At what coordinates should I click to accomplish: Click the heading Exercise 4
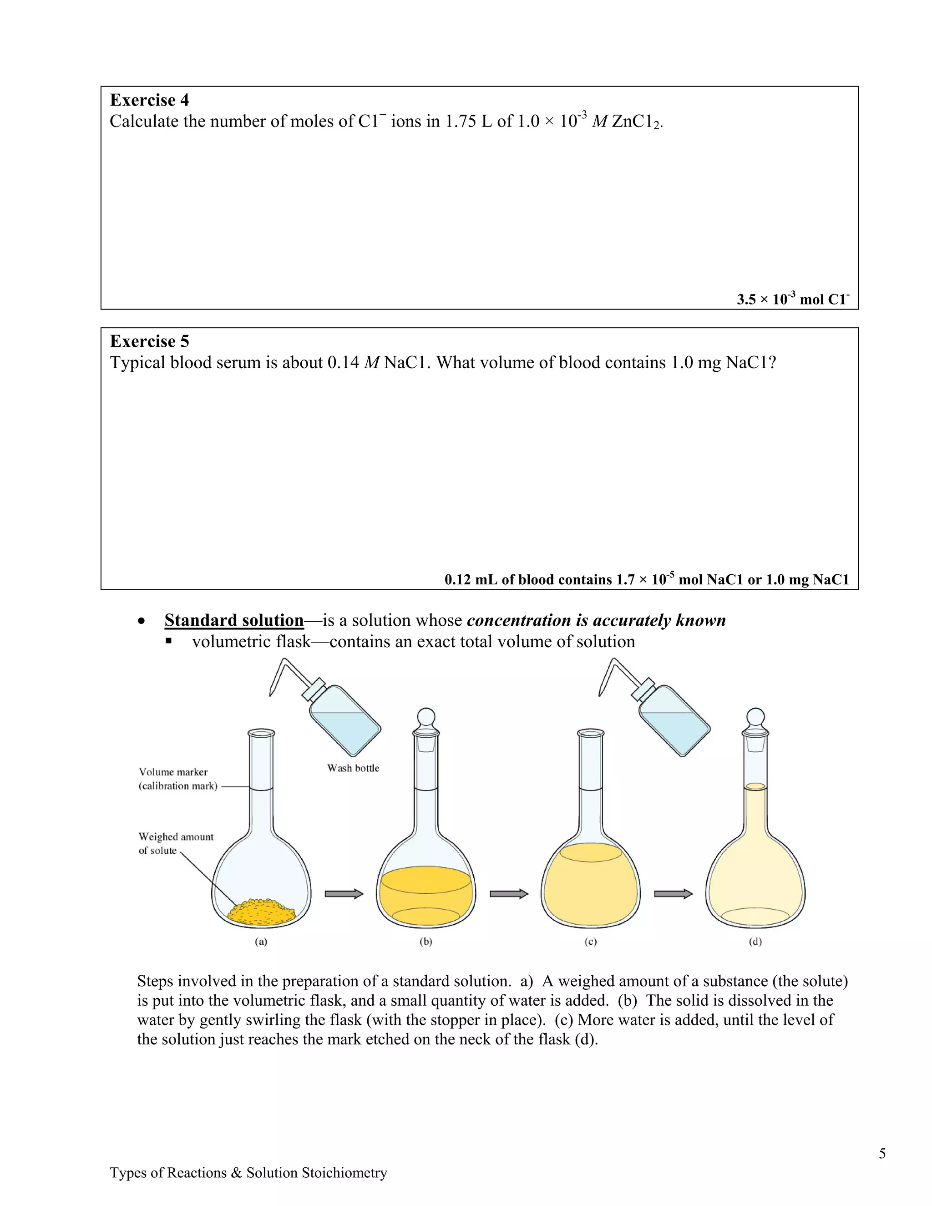pos(149,100)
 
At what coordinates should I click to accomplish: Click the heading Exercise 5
pos(149,341)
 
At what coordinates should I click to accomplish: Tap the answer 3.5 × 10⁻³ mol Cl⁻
pos(793,299)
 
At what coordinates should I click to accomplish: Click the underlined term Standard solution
pos(234,620)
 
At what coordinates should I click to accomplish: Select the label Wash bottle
pos(353,768)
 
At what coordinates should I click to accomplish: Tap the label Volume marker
pos(173,772)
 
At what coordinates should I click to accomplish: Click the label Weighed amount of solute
pos(176,844)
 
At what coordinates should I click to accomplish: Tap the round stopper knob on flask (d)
pos(755,717)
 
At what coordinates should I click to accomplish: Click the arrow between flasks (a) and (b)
pos(344,893)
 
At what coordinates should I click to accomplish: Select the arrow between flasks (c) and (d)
pos(673,893)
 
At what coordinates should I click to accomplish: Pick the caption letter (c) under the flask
pos(591,942)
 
